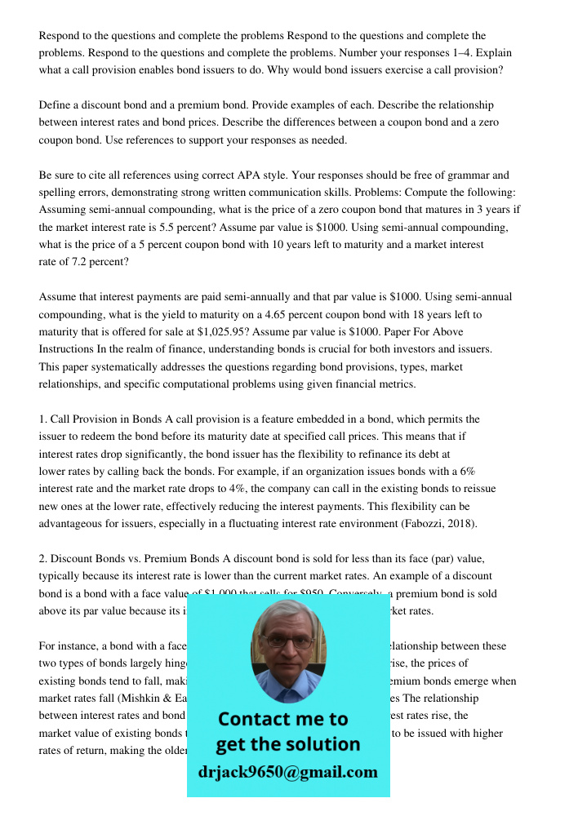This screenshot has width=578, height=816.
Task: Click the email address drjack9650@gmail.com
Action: point(287,772)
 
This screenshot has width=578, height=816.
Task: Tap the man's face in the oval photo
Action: point(287,644)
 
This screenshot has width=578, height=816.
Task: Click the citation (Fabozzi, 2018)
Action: point(441,524)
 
